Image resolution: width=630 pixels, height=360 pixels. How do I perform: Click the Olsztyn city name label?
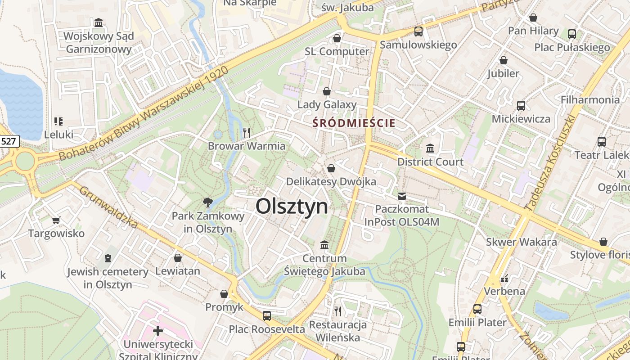pos(292,207)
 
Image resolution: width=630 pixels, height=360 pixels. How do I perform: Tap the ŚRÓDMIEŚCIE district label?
pos(354,123)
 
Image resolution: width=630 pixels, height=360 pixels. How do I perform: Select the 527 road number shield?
pos(9,141)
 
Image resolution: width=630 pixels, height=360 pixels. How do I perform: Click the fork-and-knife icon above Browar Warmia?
pos(246,132)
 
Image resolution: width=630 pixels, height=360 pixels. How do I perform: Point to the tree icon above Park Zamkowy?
pos(207,202)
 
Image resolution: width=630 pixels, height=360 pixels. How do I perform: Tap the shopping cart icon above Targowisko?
pos(56,220)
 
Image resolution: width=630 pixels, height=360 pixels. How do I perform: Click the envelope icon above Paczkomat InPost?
pos(401,196)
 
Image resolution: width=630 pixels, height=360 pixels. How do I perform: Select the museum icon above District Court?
pos(430,148)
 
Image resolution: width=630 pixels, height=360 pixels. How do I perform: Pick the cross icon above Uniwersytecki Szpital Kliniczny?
pos(157,331)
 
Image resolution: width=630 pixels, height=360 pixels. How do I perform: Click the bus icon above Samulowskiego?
pos(418,31)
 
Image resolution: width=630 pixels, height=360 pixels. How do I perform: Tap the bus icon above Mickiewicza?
pos(521,105)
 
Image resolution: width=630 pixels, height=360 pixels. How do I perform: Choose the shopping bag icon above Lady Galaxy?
pos(327,91)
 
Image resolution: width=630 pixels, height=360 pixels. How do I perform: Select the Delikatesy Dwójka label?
pos(332,182)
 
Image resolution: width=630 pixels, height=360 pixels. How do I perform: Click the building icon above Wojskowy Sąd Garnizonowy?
pos(99,22)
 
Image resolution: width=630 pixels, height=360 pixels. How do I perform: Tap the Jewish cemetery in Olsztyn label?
pos(108,278)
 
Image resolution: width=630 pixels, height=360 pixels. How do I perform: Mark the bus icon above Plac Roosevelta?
pos(267,315)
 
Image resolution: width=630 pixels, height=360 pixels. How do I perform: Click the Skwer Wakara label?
pos(521,242)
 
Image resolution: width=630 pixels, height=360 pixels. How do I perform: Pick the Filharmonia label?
pos(590,99)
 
